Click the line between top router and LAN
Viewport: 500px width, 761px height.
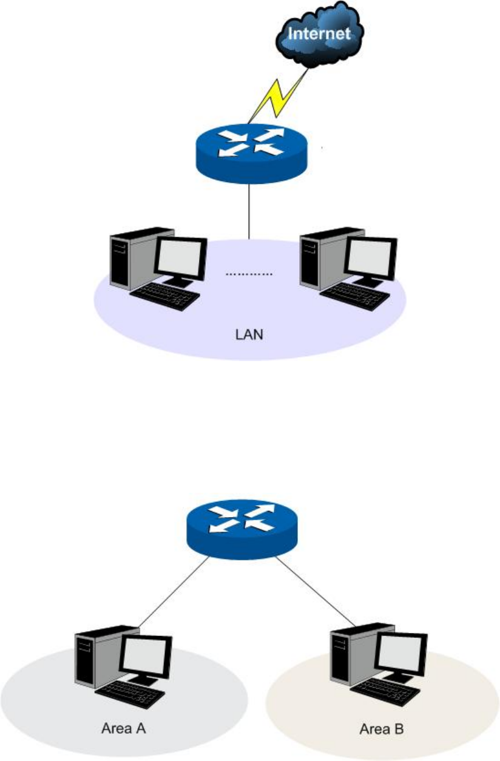tap(249, 209)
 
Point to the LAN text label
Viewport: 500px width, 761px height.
tap(249, 334)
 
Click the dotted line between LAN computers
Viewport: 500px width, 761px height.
tap(249, 274)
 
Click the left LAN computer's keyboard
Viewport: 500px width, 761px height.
tap(165, 297)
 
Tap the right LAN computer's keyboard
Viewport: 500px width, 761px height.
tap(355, 297)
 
